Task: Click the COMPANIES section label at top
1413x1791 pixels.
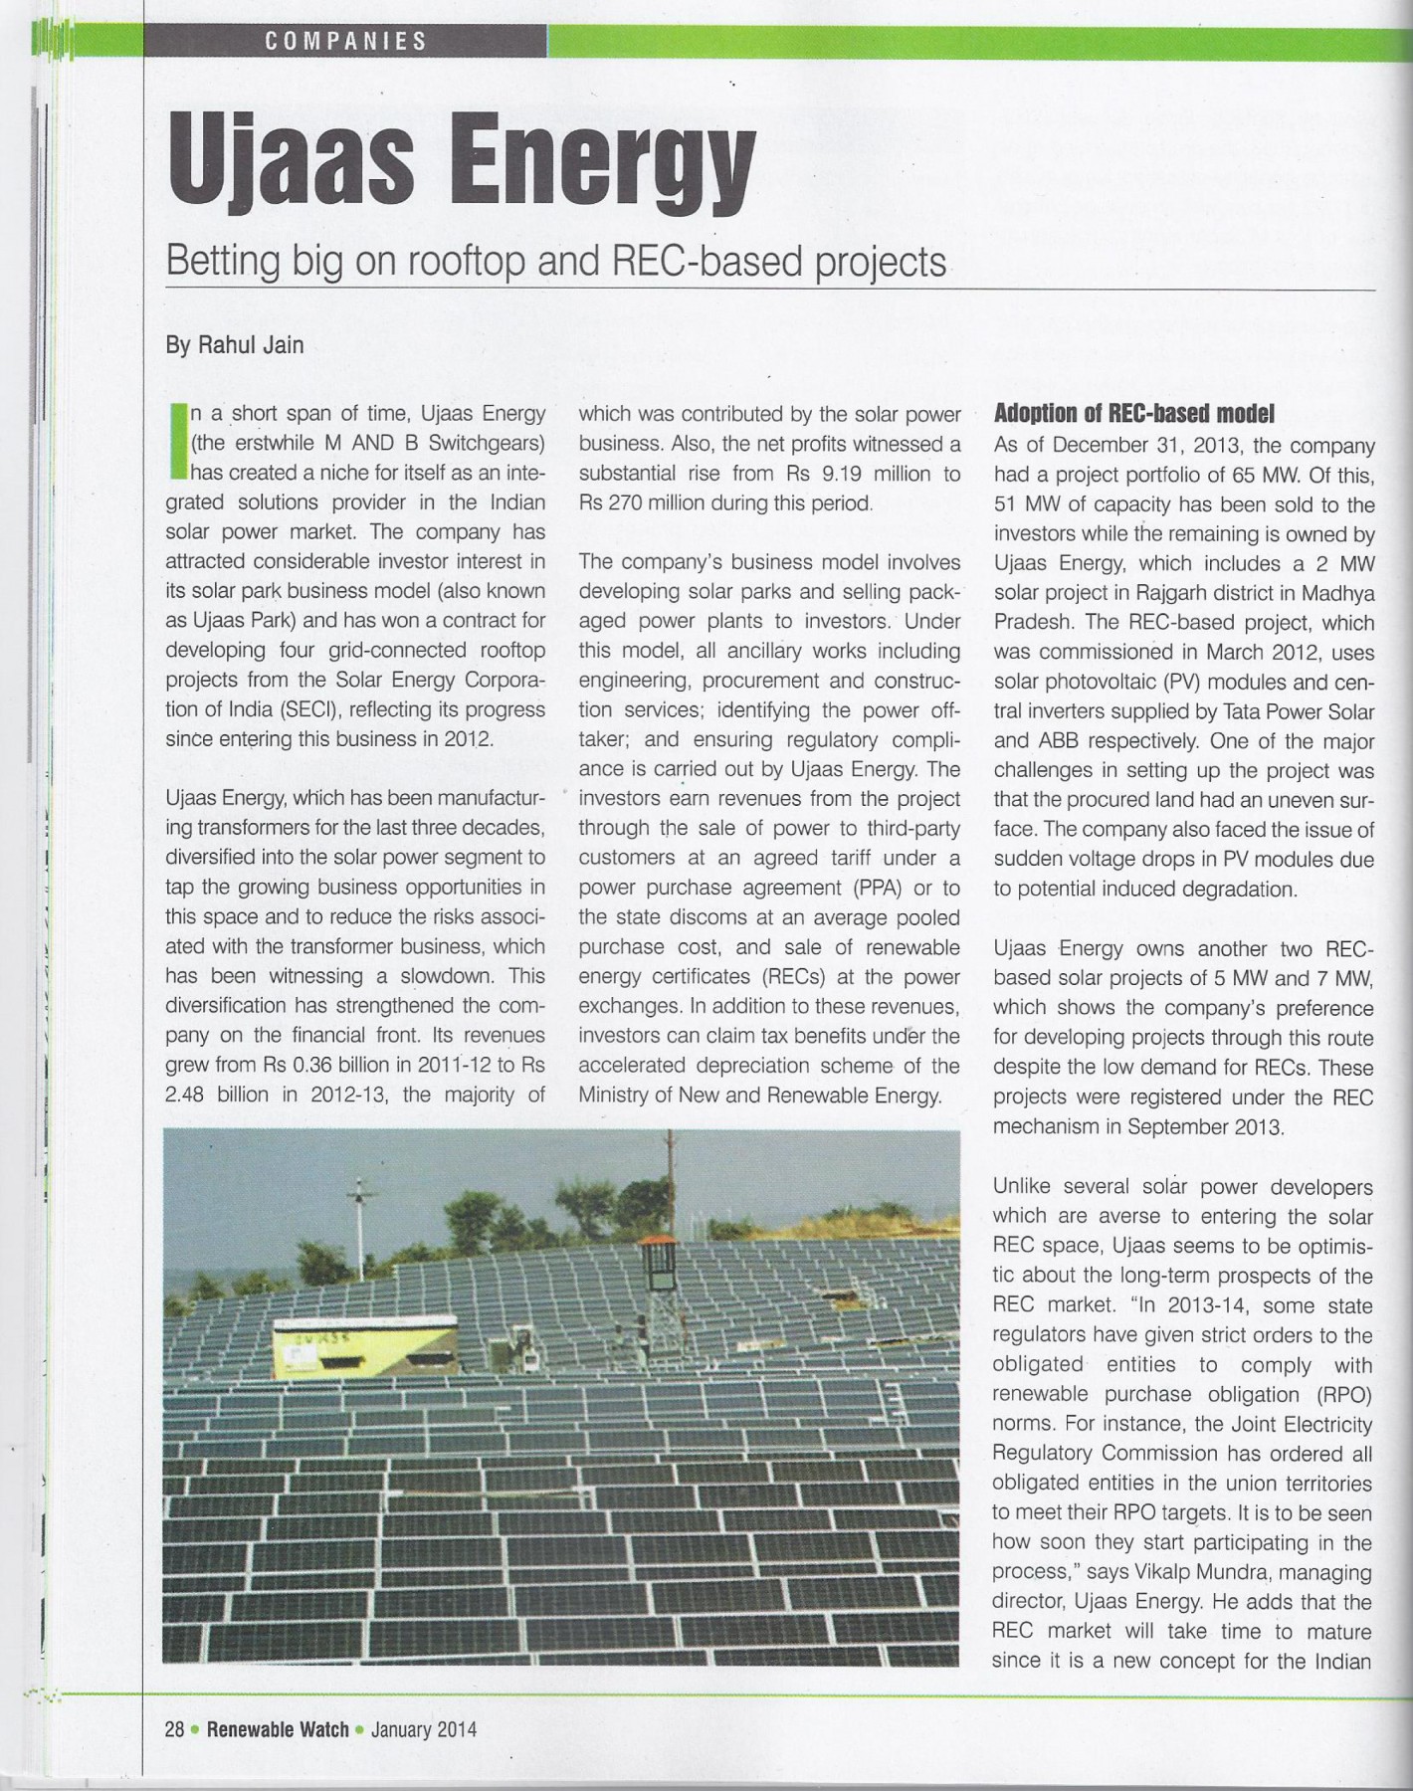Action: coord(345,41)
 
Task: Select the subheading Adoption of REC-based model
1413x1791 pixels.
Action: coord(1134,413)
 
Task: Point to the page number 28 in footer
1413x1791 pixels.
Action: coord(174,1729)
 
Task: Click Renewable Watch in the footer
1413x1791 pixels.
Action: coord(278,1729)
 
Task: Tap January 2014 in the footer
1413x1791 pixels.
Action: coord(423,1729)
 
